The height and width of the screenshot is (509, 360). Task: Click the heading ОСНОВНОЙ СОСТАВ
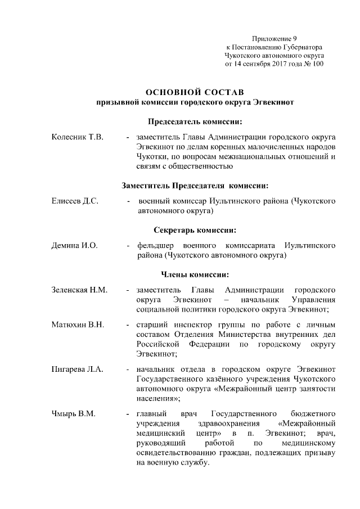tap(195, 92)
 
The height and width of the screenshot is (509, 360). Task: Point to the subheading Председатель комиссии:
tap(195, 121)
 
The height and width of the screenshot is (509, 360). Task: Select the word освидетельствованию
tap(175, 453)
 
